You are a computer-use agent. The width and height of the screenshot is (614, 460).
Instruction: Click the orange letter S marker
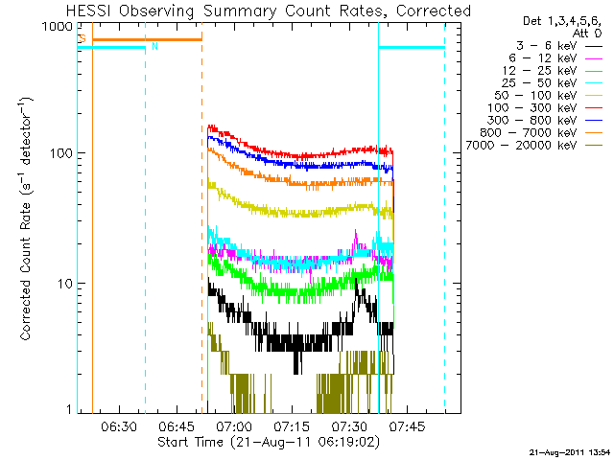[83, 39]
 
